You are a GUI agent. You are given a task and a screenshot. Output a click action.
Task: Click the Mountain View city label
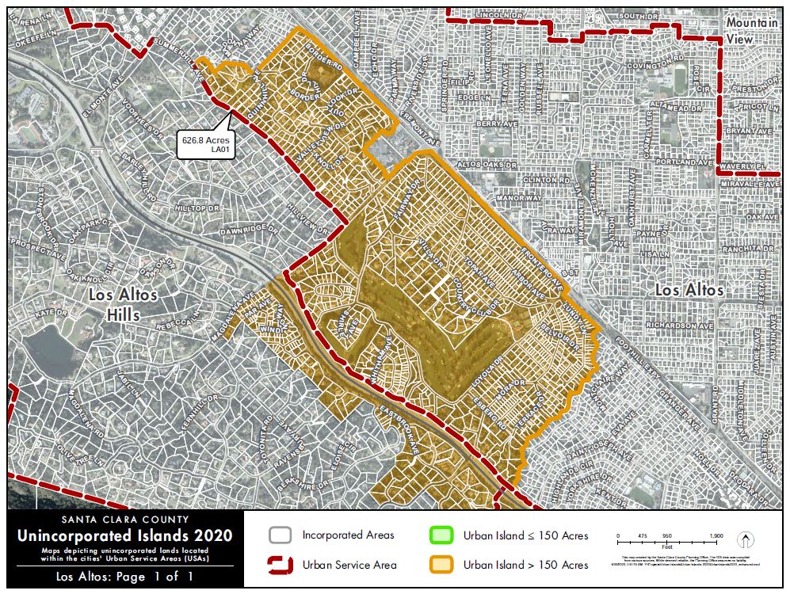(x=752, y=30)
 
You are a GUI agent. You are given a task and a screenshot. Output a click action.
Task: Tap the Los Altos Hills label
(x=123, y=305)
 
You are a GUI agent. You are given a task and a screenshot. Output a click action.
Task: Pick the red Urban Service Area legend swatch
(x=281, y=565)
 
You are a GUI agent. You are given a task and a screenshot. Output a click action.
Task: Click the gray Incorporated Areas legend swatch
(x=281, y=535)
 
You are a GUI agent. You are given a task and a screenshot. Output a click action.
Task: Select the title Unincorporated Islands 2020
(x=124, y=536)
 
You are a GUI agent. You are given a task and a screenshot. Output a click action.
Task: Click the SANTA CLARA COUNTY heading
(x=124, y=520)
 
